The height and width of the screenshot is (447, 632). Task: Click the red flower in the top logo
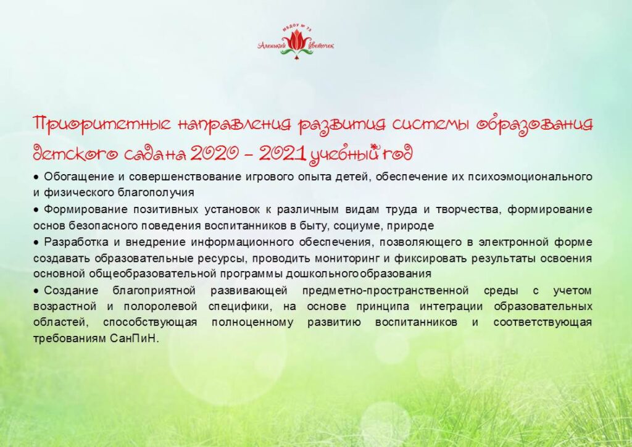pyautogui.click(x=296, y=41)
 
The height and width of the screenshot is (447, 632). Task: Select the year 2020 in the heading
pyautogui.click(x=214, y=154)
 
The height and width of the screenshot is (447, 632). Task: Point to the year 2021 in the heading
pyautogui.click(x=282, y=154)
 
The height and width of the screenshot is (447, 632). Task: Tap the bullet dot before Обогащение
pyautogui.click(x=36, y=177)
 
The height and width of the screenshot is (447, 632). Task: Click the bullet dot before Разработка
pyautogui.click(x=36, y=243)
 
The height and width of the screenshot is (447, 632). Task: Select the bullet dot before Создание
pyautogui.click(x=36, y=291)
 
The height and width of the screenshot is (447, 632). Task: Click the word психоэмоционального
pyautogui.click(x=530, y=177)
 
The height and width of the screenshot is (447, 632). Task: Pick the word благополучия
pyautogui.click(x=156, y=193)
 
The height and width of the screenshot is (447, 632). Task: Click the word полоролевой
pyautogui.click(x=160, y=307)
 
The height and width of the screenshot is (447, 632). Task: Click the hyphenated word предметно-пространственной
pyautogui.click(x=385, y=291)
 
